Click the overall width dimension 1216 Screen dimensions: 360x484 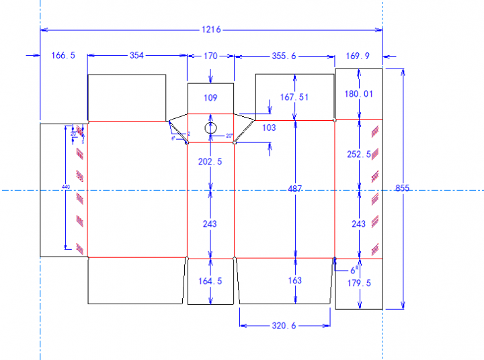click(x=211, y=30)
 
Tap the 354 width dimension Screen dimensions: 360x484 click(x=136, y=56)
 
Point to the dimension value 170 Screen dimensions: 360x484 click(x=210, y=56)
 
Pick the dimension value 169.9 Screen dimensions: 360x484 click(x=357, y=56)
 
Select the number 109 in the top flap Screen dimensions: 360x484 click(x=210, y=98)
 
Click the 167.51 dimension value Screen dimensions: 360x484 click(x=294, y=97)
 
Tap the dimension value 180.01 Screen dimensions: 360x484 click(x=358, y=94)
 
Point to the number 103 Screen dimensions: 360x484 click(x=269, y=128)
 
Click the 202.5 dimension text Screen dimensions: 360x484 click(x=210, y=161)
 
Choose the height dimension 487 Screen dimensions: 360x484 click(x=294, y=190)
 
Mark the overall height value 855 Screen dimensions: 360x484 click(x=402, y=189)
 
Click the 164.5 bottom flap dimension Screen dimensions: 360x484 click(x=210, y=281)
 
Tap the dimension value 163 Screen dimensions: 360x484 click(x=294, y=281)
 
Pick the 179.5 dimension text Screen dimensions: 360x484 click(x=360, y=283)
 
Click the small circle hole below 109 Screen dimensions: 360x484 click(x=210, y=128)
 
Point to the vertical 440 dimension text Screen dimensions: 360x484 click(x=66, y=187)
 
